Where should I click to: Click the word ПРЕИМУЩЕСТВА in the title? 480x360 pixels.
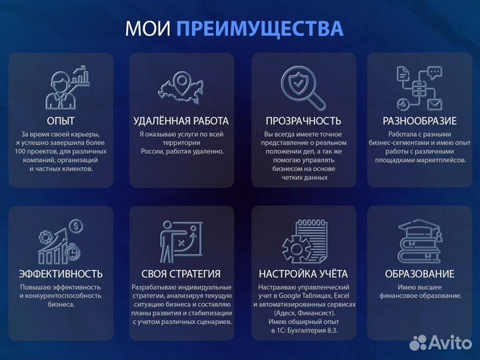(x=261, y=29)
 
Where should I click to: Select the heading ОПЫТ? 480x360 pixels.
(x=61, y=121)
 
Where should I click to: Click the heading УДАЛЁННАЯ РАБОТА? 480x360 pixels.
(x=181, y=121)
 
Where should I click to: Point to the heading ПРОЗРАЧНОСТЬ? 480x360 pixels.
(x=303, y=121)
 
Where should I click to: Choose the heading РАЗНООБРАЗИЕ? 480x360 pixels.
(x=419, y=121)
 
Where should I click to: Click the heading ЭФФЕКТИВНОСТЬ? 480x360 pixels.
(x=61, y=273)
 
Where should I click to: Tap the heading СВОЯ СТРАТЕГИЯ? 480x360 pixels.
(x=181, y=273)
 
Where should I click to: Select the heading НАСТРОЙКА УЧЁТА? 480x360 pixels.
(x=303, y=273)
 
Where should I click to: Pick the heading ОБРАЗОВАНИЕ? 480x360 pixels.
(x=419, y=273)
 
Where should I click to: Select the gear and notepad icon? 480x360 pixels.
(x=303, y=241)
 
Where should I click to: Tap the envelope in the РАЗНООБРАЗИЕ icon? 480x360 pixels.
(x=434, y=104)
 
